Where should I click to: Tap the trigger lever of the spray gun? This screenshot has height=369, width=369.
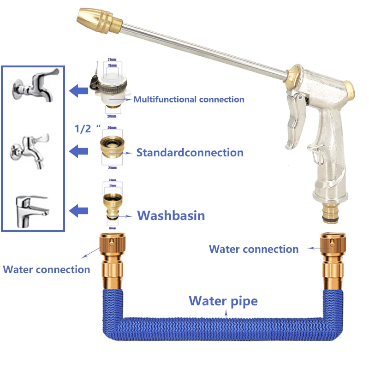[295, 115]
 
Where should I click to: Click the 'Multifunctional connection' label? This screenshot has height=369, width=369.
[189, 99]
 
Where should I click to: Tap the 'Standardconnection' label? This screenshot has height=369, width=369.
[190, 152]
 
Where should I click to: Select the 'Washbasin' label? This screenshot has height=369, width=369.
[171, 215]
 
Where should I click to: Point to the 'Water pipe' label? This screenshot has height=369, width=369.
[223, 301]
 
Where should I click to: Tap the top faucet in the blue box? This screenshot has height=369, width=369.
[35, 85]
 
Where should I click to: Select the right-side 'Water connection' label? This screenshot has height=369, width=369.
[254, 249]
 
